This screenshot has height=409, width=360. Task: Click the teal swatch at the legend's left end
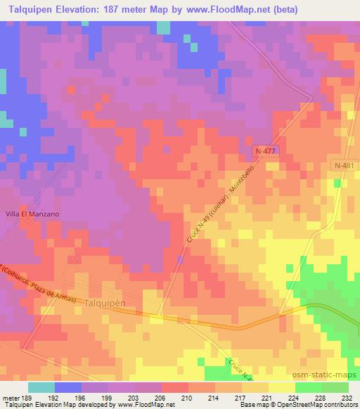(41, 387)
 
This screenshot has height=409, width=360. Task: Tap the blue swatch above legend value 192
(68, 387)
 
